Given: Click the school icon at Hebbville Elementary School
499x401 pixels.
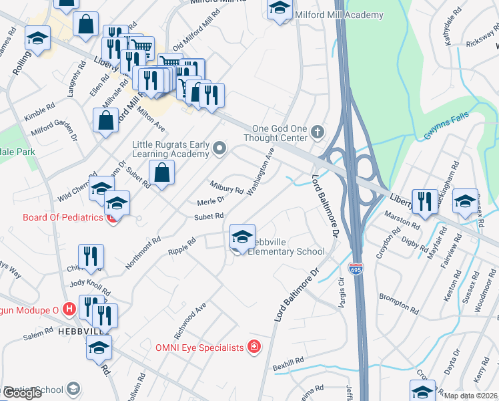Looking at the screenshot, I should pyautogui.click(x=241, y=237).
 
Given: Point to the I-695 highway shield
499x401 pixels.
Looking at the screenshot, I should pyautogui.click(x=356, y=269).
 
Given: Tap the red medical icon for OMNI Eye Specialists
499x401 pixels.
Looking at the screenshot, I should pyautogui.click(x=254, y=346).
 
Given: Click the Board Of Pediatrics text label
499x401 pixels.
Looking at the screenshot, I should pyautogui.click(x=63, y=217).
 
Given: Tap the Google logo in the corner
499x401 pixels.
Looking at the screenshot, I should pyautogui.click(x=22, y=393).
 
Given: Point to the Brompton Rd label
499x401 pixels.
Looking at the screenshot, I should pyautogui.click(x=398, y=302).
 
